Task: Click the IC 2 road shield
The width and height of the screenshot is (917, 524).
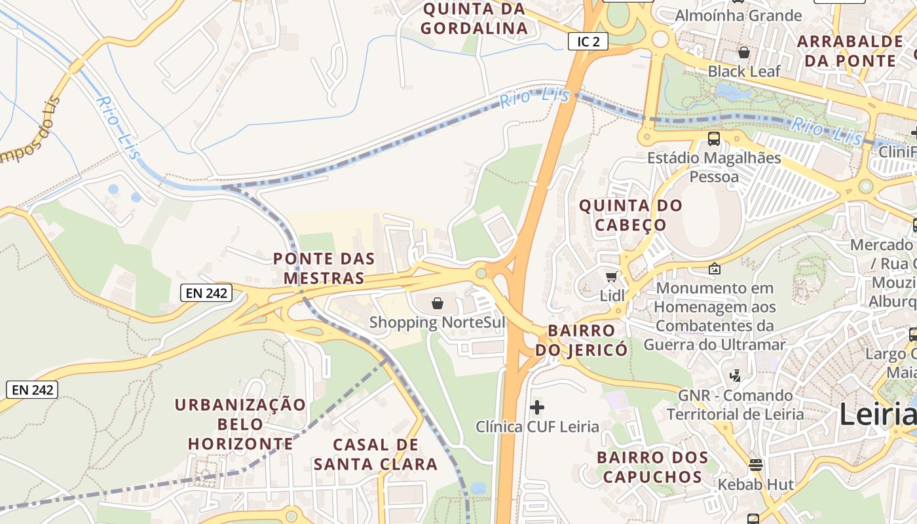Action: (588, 42)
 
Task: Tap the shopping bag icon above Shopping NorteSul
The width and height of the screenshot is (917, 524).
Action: (438, 303)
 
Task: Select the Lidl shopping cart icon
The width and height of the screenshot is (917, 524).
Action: (611, 277)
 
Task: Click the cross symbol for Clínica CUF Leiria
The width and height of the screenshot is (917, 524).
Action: (537, 407)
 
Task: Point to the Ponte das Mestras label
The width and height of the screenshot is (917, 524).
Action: (324, 268)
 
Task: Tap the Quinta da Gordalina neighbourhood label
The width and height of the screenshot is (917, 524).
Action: (474, 18)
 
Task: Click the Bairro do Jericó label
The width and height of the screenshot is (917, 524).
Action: (581, 340)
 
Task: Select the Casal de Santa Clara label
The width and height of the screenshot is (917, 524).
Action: (375, 454)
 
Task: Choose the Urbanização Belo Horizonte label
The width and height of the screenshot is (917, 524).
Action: (240, 424)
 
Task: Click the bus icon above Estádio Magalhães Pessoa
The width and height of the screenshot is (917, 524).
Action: (714, 139)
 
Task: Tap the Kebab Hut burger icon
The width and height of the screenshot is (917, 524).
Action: (756, 465)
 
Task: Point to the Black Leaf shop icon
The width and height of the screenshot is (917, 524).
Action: (744, 52)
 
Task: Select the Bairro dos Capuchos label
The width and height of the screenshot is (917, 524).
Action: (652, 466)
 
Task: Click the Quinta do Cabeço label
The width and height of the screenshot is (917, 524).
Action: (631, 215)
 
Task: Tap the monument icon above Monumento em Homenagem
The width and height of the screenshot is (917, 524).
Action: (715, 269)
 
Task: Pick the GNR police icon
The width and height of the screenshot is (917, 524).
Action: (735, 376)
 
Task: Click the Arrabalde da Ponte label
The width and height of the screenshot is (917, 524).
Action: (850, 51)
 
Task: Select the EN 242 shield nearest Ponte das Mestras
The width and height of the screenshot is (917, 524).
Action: (207, 293)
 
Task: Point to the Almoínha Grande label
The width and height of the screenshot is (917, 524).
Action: (738, 15)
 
